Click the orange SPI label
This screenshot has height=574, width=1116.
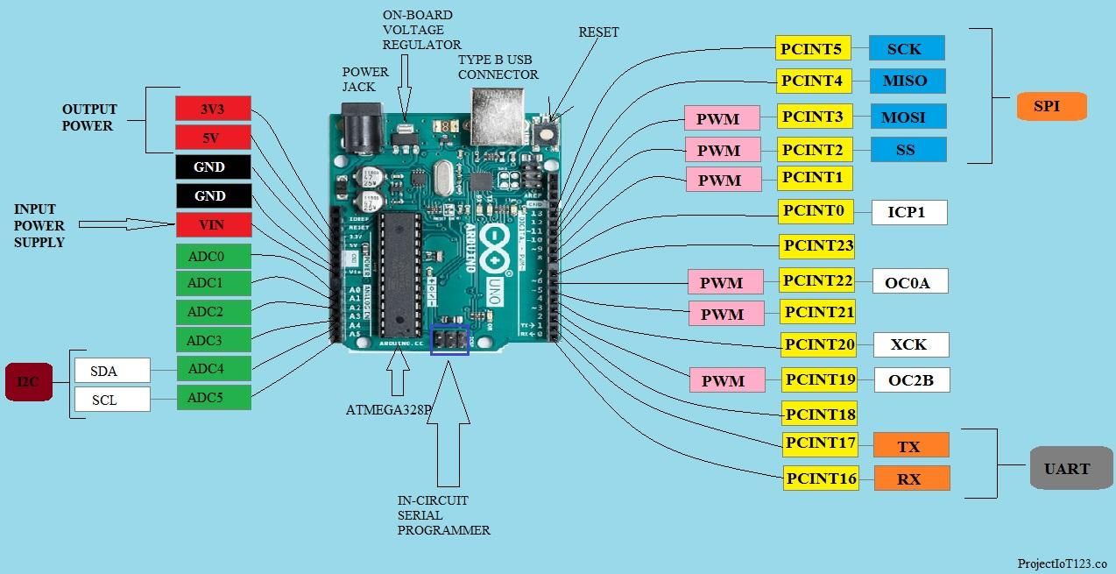click(1051, 106)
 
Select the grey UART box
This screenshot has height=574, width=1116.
click(1066, 468)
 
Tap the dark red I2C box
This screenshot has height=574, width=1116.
click(29, 382)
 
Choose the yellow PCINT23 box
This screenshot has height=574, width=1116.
click(816, 246)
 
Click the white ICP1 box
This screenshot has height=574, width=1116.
click(908, 212)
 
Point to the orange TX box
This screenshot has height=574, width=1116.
click(910, 446)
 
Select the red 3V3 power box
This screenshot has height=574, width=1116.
click(213, 109)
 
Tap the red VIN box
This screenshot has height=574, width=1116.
click(213, 224)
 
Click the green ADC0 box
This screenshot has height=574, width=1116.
click(213, 257)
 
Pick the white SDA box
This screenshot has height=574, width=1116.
click(112, 371)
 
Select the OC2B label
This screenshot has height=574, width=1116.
click(911, 380)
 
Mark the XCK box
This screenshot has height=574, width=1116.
click(910, 344)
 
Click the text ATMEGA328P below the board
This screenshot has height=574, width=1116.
click(389, 409)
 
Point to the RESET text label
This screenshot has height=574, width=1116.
click(598, 32)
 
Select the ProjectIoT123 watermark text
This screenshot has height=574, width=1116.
click(1062, 563)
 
